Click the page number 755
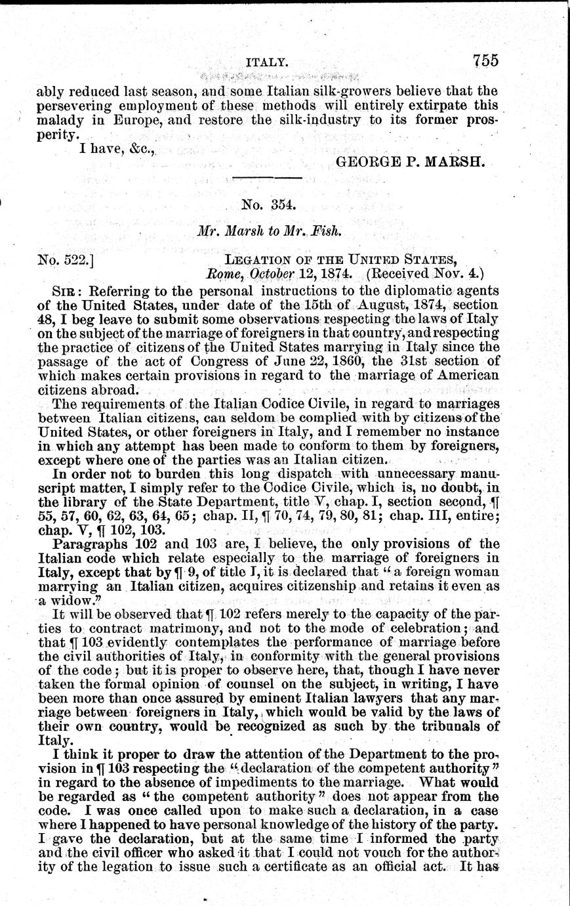pos(485,60)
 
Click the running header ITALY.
pos(266,63)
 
